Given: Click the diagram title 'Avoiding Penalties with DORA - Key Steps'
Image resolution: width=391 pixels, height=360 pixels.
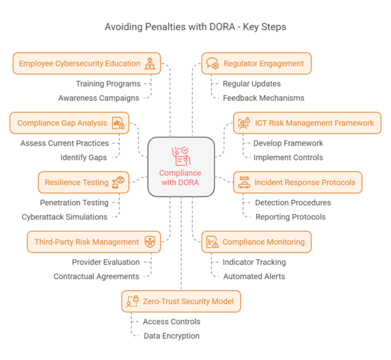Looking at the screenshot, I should (x=195, y=28).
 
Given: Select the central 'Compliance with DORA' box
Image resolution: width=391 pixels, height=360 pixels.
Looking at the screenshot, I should (x=181, y=167).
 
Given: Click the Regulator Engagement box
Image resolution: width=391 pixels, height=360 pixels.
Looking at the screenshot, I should (x=256, y=64).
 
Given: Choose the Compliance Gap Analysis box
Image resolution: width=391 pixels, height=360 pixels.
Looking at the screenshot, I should (x=69, y=123).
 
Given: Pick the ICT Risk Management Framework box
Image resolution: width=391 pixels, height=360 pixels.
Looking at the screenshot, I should (x=307, y=123).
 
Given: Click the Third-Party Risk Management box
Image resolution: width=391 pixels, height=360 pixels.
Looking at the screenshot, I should (x=94, y=242).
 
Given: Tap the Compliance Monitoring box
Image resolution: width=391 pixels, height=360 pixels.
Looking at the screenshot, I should (x=256, y=242).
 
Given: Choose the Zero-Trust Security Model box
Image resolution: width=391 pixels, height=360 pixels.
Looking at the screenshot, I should (x=182, y=301).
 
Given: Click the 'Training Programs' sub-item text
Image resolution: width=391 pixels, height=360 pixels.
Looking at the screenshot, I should (x=108, y=84).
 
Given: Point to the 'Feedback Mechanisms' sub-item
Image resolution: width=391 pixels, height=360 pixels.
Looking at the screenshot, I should (x=263, y=98).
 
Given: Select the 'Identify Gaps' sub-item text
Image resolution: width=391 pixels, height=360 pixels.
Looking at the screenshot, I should (x=84, y=157).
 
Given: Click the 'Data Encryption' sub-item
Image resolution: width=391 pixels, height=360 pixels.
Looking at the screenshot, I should (x=171, y=336).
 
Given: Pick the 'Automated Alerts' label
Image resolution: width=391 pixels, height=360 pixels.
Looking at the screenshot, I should (x=254, y=276).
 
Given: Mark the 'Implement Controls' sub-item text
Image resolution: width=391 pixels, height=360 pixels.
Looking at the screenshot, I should (x=288, y=157).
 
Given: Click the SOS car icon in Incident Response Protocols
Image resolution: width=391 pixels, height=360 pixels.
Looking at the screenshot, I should (x=244, y=182).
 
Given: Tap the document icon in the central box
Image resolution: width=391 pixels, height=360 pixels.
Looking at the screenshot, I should (x=181, y=156).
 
